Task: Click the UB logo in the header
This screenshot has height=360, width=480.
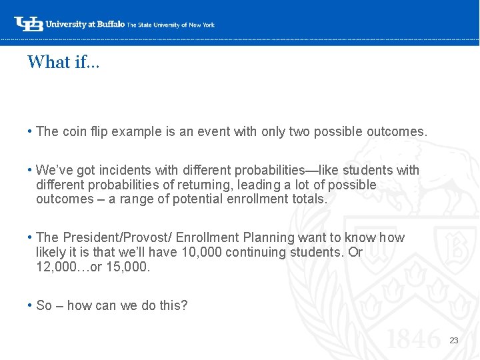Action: point(29,23)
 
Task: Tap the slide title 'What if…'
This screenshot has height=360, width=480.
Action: point(63,62)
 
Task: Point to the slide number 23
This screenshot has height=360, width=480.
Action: point(454,340)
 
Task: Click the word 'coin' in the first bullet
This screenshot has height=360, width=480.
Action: point(75,131)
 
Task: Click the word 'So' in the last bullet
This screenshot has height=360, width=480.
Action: point(44,305)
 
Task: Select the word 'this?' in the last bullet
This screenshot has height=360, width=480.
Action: point(173,305)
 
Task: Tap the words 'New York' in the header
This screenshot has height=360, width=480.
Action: point(202,25)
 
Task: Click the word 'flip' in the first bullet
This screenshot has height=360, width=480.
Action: point(98,131)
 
